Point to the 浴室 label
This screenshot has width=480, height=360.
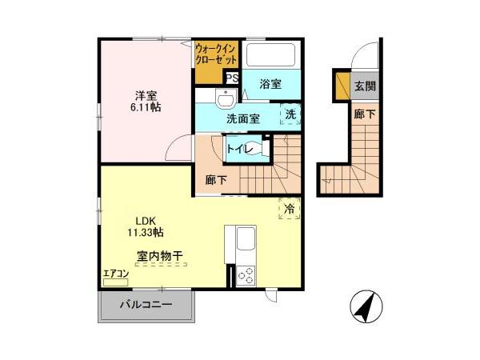[270, 83]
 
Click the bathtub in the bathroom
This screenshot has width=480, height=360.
[271, 55]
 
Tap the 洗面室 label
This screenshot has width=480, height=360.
[242, 118]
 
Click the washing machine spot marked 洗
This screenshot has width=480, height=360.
[290, 114]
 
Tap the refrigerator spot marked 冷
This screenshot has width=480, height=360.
[289, 208]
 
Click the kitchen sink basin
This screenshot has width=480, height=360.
[245, 238]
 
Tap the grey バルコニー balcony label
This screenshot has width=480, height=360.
[146, 305]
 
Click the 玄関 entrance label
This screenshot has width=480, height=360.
[365, 86]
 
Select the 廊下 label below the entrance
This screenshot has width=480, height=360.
[365, 114]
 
